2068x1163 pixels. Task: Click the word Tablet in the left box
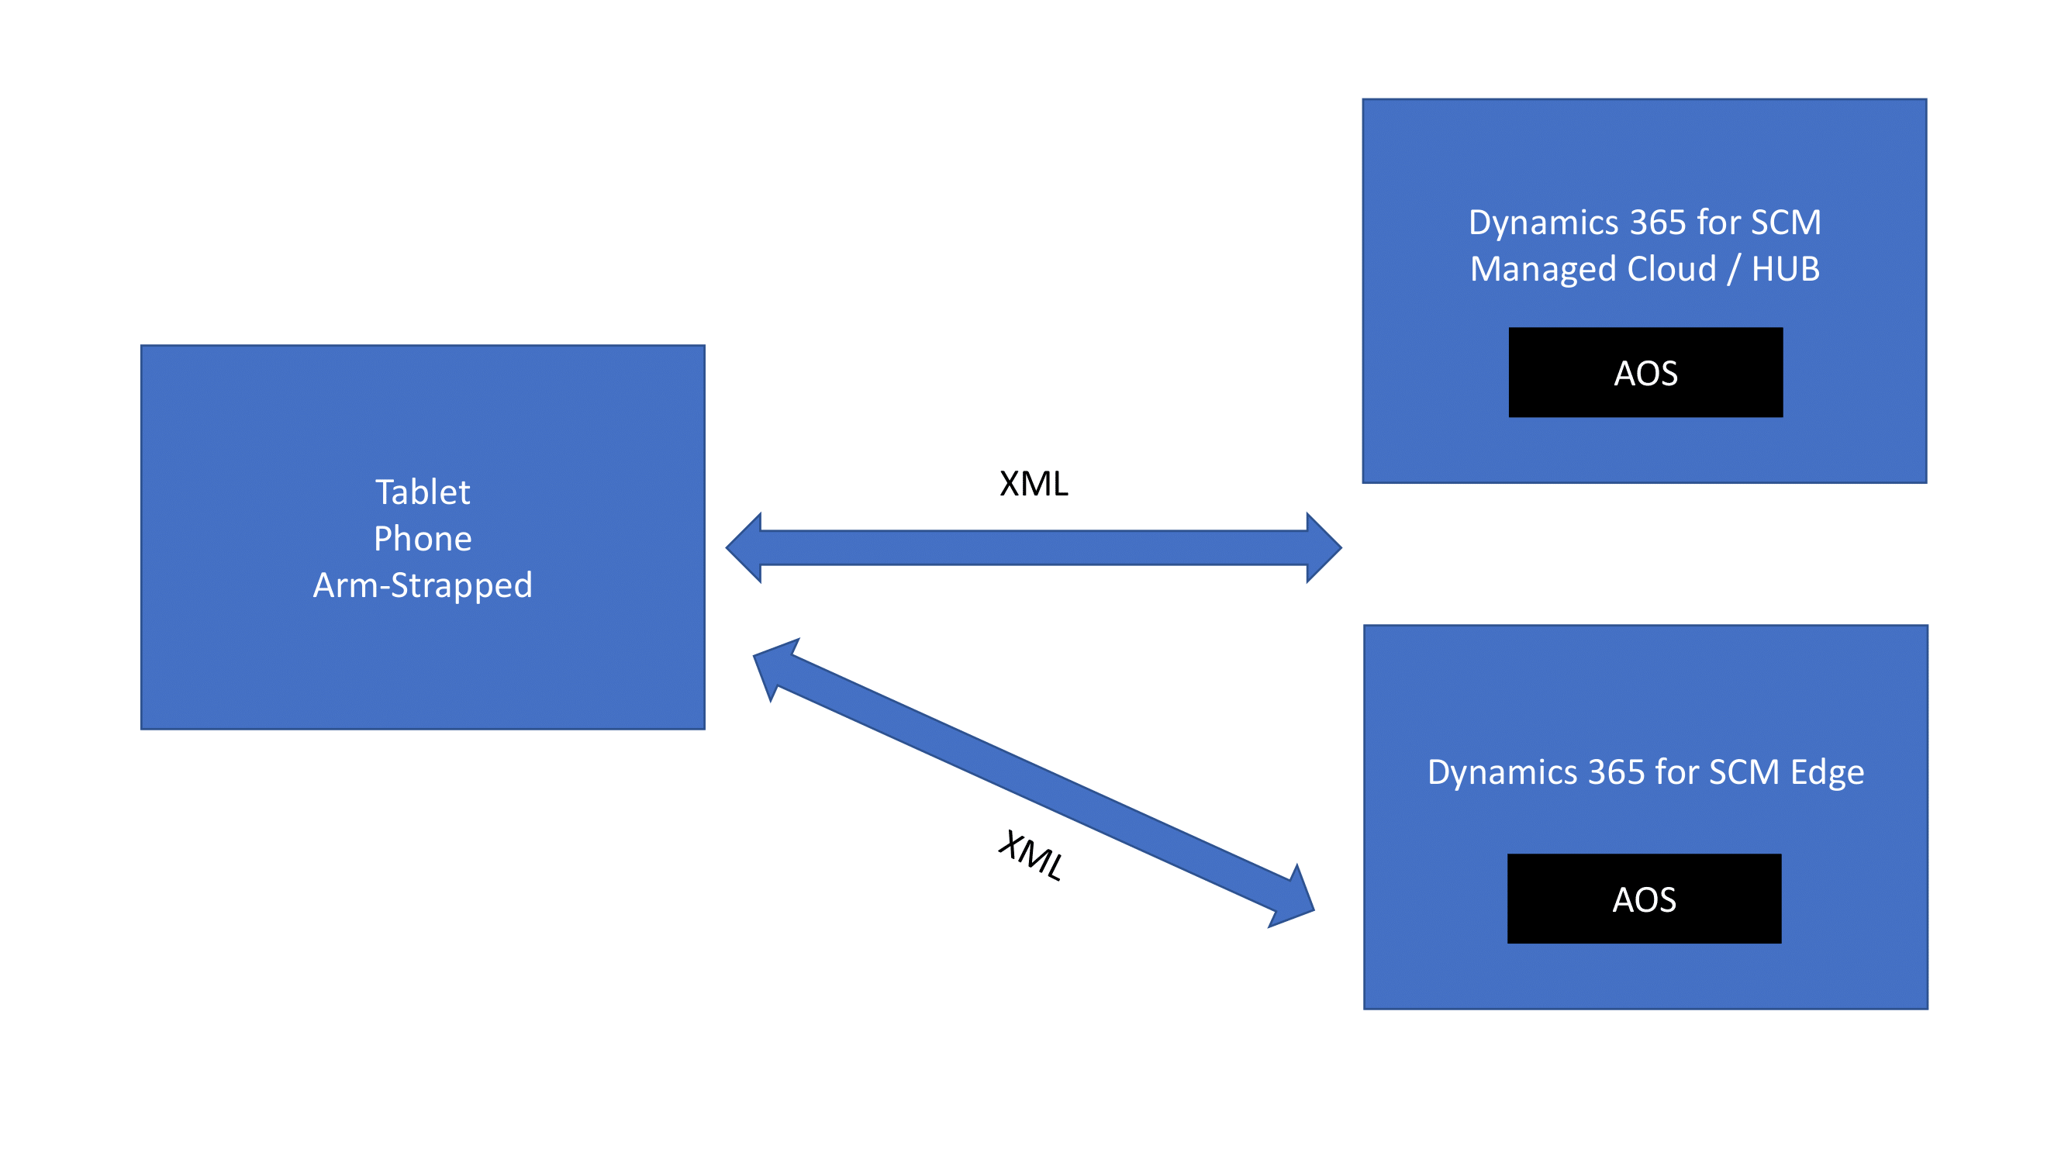pos(423,492)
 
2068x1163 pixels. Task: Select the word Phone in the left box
pos(423,539)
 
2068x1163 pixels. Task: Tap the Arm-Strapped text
pos(423,585)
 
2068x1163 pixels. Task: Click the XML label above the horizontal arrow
pos(1033,484)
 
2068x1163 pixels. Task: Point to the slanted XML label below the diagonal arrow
pos(1031,856)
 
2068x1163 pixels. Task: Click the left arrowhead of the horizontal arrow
pos(745,547)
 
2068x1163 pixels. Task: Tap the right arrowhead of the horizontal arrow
pos(1322,547)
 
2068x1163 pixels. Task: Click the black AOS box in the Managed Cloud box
pos(1645,372)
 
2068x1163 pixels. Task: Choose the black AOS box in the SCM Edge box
pos(1643,899)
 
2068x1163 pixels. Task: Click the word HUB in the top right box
pos(1785,269)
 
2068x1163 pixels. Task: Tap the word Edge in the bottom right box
pos(1826,772)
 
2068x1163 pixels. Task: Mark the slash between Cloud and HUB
pos(1734,269)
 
